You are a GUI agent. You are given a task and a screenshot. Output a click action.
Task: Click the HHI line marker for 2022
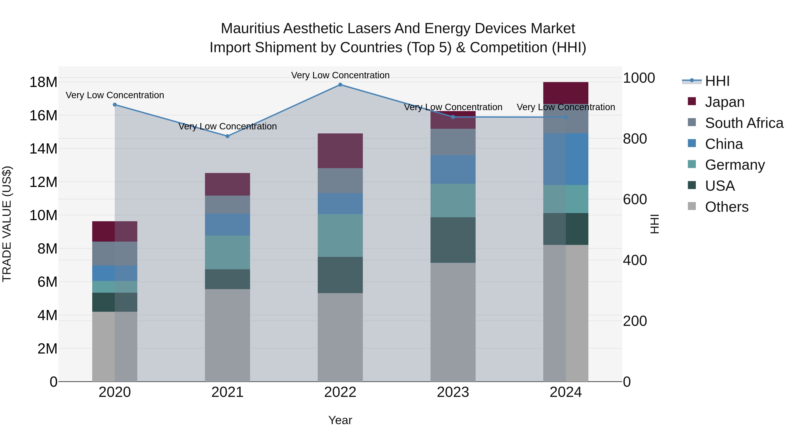tap(340, 85)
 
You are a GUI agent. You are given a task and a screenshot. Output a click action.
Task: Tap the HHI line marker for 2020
tap(115, 105)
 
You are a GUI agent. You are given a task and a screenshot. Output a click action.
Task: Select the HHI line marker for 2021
tap(228, 136)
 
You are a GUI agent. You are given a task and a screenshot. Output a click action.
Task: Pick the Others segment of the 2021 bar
tap(228, 335)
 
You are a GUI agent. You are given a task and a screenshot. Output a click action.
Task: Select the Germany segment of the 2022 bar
tap(340, 236)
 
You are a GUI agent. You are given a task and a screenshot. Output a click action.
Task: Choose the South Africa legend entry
tap(744, 123)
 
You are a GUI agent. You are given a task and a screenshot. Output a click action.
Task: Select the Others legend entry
tap(726, 207)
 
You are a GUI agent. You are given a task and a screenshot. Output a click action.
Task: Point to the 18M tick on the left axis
tap(43, 83)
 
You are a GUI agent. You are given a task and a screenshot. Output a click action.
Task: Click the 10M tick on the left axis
tap(43, 215)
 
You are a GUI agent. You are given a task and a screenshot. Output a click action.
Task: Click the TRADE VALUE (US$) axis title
tap(7, 224)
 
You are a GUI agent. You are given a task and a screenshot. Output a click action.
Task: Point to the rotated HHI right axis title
tap(654, 224)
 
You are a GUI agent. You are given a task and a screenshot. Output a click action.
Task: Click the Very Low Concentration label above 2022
tap(340, 75)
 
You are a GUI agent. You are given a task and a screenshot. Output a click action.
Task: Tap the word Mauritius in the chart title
tap(250, 29)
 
